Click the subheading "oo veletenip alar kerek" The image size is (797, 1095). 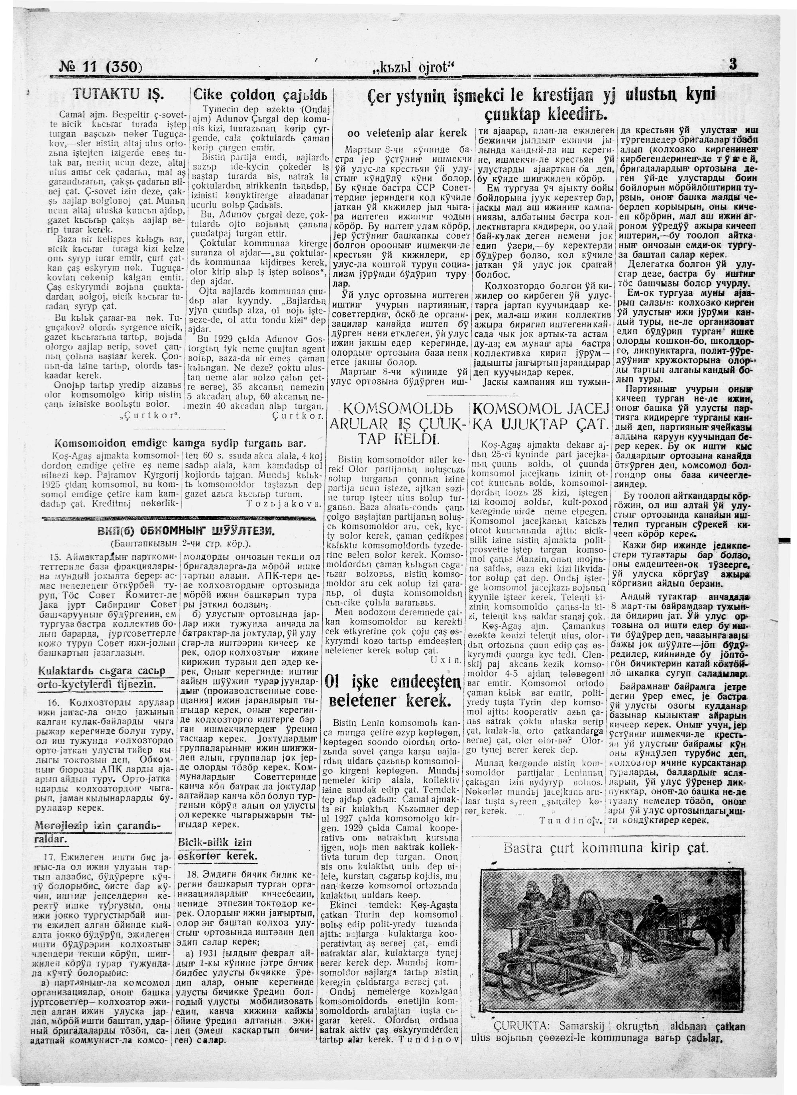407,132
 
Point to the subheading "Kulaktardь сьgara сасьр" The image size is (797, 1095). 102,671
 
